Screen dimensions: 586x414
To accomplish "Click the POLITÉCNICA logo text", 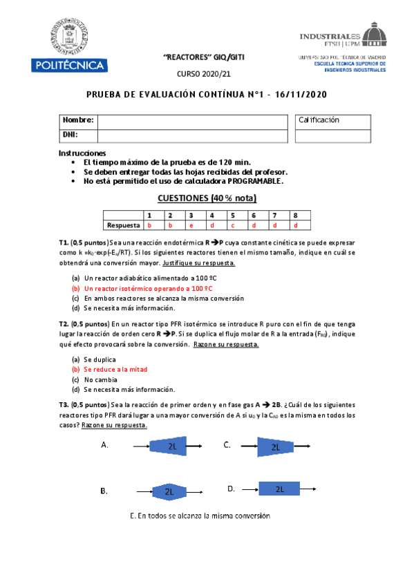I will pos(68,66).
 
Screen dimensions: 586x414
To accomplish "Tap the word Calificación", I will pos(319,120).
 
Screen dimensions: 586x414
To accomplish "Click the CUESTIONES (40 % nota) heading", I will pos(207,198).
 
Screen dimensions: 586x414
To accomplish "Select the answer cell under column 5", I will pos(233,225).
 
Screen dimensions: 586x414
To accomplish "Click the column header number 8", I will pos(296,216).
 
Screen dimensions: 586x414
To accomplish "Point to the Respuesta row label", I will pos(124,225).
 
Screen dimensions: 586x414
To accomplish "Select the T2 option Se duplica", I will pos(100,359).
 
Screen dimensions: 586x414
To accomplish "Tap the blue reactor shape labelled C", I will pos(276,447).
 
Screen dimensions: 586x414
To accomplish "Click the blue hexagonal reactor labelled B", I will pos(169,491).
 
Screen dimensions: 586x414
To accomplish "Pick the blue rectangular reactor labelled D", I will pos(280,489).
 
